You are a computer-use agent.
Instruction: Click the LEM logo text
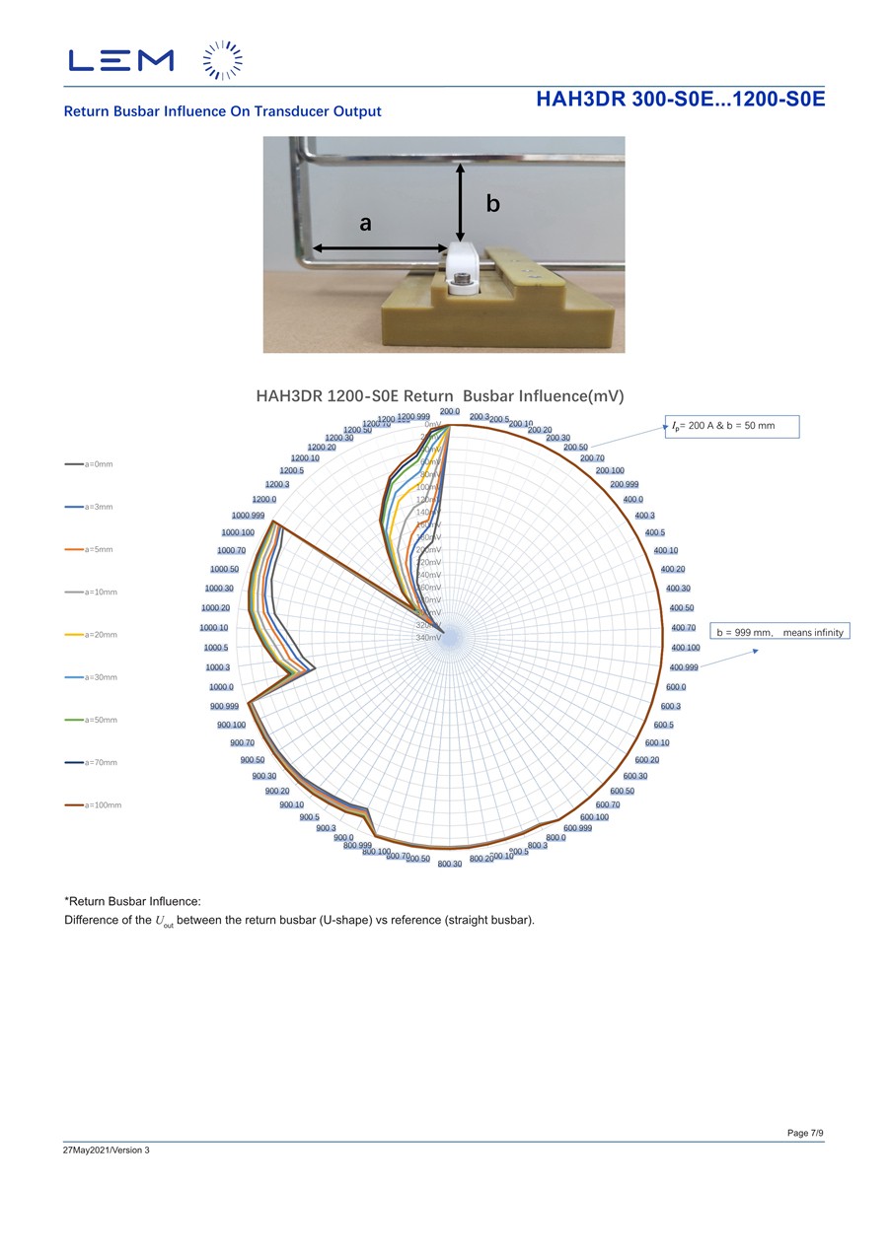click(121, 60)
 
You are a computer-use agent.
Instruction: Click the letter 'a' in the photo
click(366, 224)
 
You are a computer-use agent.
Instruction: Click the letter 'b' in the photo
click(492, 203)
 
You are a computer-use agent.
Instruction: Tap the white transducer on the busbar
click(460, 266)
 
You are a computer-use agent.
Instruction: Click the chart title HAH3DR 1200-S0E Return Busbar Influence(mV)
click(440, 396)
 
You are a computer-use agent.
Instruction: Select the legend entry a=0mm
click(95, 463)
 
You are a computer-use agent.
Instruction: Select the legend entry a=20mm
click(95, 635)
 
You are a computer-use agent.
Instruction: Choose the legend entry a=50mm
click(95, 721)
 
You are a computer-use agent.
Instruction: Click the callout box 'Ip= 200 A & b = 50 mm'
click(731, 427)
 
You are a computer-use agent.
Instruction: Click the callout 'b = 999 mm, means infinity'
click(779, 632)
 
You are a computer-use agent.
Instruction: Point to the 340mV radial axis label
click(429, 638)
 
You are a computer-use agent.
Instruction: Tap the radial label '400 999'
click(685, 667)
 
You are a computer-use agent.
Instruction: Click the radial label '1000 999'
click(248, 516)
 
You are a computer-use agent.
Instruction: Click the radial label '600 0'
click(676, 687)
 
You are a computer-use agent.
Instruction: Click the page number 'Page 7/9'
click(805, 1133)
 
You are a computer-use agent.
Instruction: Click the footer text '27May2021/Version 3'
click(107, 1150)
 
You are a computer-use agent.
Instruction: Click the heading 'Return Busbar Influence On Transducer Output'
click(222, 111)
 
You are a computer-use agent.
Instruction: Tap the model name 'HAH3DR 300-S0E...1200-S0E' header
click(680, 100)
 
